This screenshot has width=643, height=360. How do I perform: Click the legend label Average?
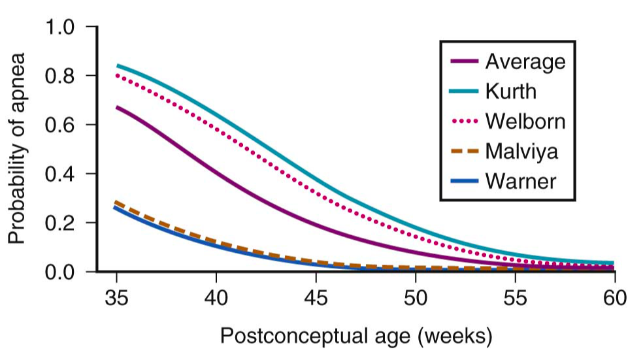525,62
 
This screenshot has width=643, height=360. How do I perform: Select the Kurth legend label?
510,91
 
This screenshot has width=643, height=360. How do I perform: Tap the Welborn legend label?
525,122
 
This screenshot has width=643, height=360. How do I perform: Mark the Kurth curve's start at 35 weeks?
118,65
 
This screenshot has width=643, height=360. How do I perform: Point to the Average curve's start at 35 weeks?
118,106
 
